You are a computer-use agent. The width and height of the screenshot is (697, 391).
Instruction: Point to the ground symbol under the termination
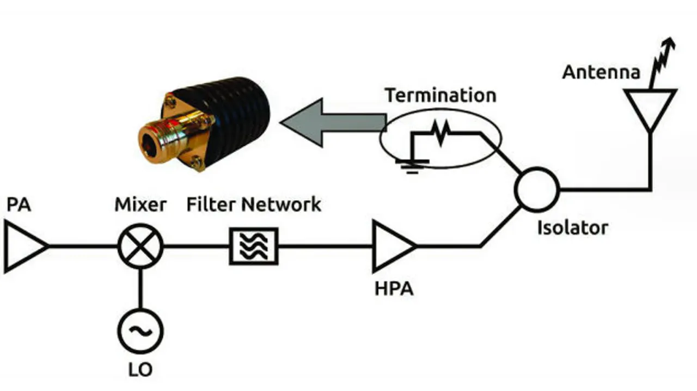(x=412, y=167)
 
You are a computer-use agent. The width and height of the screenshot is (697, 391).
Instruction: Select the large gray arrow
(x=333, y=122)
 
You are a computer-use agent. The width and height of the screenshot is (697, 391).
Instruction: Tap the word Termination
(x=441, y=95)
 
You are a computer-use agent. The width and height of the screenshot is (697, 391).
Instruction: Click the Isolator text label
(x=572, y=228)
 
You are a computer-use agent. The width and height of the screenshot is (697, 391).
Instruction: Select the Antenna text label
(x=601, y=72)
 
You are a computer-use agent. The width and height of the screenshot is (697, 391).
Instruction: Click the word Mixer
(x=140, y=204)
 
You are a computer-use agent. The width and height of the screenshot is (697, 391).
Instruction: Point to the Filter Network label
(x=254, y=204)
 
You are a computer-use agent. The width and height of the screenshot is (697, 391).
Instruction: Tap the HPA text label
(x=394, y=289)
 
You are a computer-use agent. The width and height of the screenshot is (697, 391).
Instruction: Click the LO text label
(x=140, y=370)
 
